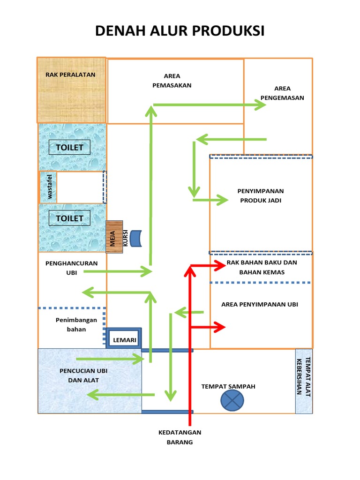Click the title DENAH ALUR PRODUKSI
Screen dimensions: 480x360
point(180,31)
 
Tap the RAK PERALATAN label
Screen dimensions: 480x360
point(70,75)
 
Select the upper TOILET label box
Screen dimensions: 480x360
point(69,147)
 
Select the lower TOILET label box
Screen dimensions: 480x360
point(69,218)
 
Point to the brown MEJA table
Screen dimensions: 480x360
point(114,237)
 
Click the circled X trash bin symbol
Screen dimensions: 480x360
point(232,400)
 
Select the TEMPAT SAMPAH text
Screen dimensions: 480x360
point(228,386)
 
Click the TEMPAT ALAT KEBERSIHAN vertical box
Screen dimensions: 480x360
point(303,381)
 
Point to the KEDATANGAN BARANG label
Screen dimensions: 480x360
point(180,437)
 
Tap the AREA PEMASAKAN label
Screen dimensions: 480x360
point(172,81)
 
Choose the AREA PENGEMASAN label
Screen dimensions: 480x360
point(282,93)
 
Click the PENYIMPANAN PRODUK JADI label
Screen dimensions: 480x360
point(261,195)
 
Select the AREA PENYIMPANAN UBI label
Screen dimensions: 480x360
point(260,304)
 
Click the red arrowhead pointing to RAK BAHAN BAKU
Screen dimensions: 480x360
point(220,266)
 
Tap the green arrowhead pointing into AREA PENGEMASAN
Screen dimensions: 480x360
point(261,105)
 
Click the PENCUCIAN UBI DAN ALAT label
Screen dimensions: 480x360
point(83,375)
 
